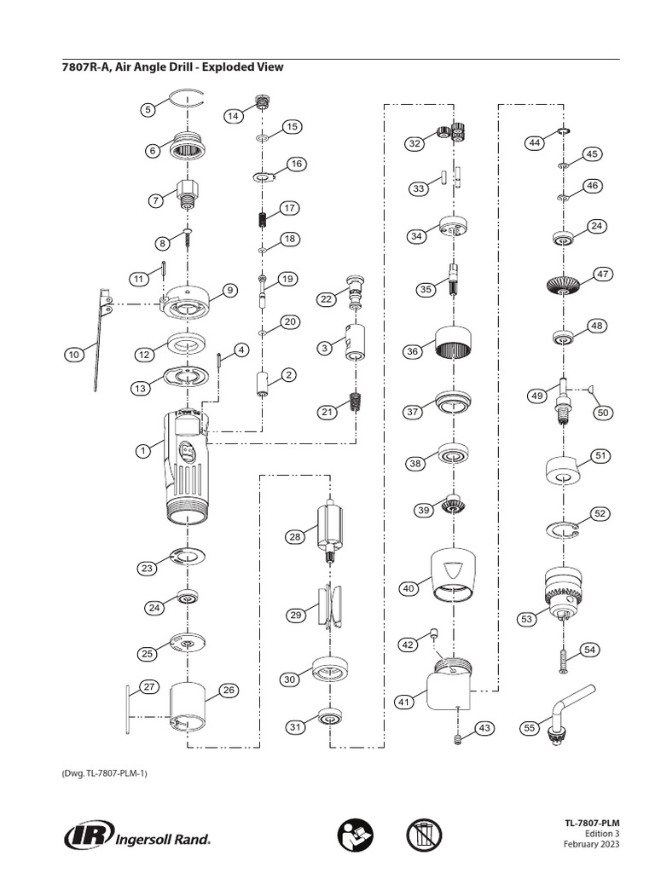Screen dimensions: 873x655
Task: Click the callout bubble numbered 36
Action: tap(412, 351)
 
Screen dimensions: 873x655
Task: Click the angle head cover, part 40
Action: tap(454, 574)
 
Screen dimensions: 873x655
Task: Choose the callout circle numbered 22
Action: tap(326, 298)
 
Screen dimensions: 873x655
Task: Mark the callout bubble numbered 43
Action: tap(484, 728)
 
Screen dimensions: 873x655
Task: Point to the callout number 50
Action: tap(604, 412)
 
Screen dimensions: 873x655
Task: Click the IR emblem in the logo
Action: tap(84, 835)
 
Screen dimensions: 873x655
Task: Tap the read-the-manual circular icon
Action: tap(355, 835)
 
